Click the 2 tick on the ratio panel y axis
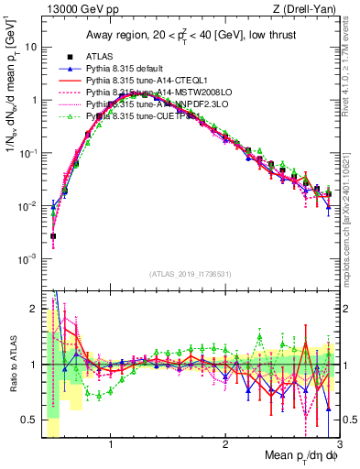[34, 309]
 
